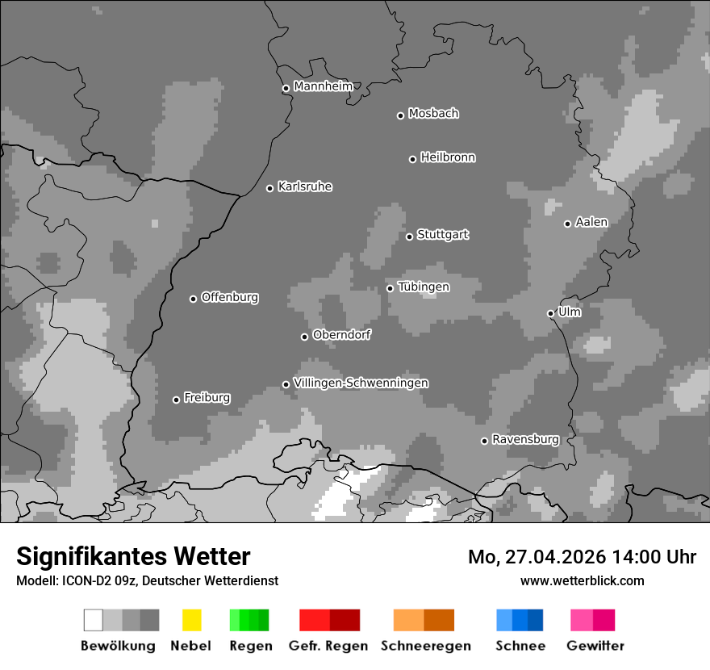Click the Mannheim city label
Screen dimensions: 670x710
[323, 86]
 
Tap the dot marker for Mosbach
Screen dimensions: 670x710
[400, 115]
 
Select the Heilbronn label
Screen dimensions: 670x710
[448, 157]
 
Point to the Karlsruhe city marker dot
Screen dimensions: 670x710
[270, 188]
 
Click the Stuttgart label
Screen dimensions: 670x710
[442, 235]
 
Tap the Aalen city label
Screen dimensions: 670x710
[591, 222]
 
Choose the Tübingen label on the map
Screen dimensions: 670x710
[424, 287]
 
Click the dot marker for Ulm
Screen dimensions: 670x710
[550, 313]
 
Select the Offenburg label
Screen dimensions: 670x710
[230, 297]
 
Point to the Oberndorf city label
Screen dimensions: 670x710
[341, 334]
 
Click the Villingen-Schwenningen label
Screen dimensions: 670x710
[361, 383]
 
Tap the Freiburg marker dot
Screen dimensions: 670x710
[176, 400]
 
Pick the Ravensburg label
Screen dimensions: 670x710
[525, 439]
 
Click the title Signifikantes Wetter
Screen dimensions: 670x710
[133, 556]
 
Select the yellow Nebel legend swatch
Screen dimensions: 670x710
[191, 620]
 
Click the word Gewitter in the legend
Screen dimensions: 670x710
[595, 646]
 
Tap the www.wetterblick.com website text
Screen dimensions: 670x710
[582, 580]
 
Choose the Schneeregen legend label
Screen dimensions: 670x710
[425, 646]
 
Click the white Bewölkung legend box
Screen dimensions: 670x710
[94, 620]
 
